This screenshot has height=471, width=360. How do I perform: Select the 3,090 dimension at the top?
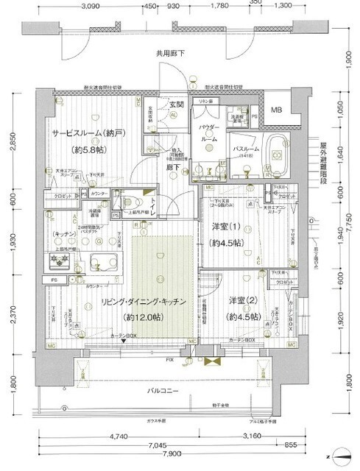pos(90,7)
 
